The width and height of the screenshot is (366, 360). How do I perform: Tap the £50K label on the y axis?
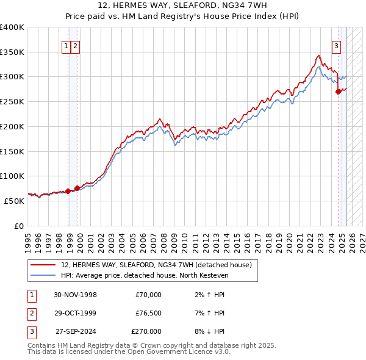(x=14, y=201)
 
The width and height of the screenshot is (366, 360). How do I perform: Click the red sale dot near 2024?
(x=339, y=92)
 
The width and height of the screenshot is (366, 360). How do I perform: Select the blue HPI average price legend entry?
(x=144, y=275)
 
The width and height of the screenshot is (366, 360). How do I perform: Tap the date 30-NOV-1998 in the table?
(x=76, y=295)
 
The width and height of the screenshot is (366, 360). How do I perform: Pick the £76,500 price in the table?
(x=148, y=313)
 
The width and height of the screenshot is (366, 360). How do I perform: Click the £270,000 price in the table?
(x=146, y=331)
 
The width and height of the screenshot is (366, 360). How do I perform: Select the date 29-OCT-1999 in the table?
(x=76, y=313)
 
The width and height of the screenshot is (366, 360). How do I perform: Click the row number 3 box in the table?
(x=31, y=331)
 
